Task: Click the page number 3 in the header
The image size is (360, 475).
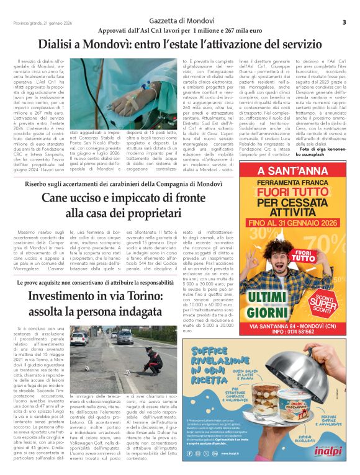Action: [343, 22]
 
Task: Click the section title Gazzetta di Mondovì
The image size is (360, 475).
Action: [180, 21]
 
